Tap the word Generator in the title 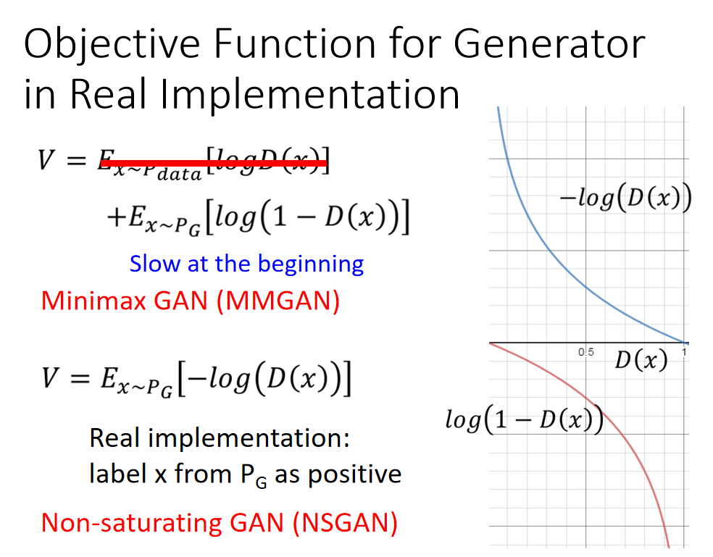[x=549, y=43]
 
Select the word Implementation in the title [x=309, y=95]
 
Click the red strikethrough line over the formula [x=213, y=163]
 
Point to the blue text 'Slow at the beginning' [x=246, y=264]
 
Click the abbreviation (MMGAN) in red [x=278, y=301]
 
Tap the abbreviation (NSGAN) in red [x=345, y=523]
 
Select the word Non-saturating [x=131, y=523]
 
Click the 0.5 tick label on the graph [x=585, y=352]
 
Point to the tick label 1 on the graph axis [x=684, y=352]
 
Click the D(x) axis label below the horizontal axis [x=641, y=361]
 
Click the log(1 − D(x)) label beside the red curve [x=525, y=419]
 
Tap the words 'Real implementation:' [x=220, y=438]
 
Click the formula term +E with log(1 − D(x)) [x=258, y=217]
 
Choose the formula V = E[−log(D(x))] [x=196, y=379]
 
